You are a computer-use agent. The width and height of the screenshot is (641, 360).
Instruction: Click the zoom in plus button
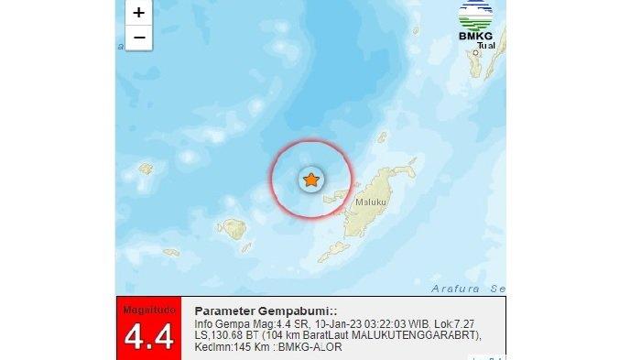point(138,13)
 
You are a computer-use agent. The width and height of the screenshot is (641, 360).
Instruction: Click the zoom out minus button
point(138,38)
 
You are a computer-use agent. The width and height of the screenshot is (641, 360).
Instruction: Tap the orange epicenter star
point(311,180)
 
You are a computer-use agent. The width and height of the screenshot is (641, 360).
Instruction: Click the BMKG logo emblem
point(475,15)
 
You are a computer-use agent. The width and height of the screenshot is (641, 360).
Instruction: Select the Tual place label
point(486,45)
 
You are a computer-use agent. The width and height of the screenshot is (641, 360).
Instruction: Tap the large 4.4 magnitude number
point(147,336)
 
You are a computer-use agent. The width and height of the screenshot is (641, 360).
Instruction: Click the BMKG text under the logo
point(476,36)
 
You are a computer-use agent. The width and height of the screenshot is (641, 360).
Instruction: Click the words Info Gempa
point(217,324)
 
